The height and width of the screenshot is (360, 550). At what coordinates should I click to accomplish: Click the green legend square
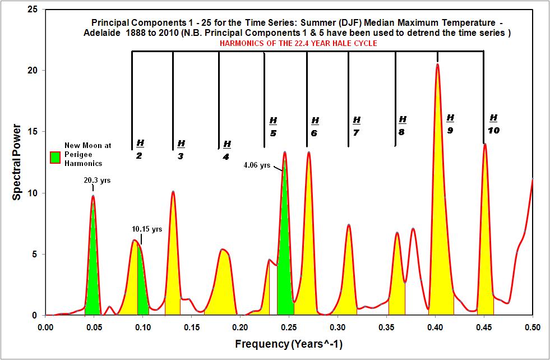point(56,158)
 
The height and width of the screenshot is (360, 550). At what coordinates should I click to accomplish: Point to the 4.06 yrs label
point(257,165)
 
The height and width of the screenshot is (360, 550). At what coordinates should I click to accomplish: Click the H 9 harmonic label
point(450,124)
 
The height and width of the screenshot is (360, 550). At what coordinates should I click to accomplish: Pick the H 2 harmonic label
point(140,149)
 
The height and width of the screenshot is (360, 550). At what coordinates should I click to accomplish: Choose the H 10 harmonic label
point(493,124)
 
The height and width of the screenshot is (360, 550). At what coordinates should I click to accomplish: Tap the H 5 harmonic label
point(273,127)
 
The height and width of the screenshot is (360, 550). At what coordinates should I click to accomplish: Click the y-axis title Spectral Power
point(18,163)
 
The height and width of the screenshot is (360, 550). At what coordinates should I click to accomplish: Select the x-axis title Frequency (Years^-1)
point(288,343)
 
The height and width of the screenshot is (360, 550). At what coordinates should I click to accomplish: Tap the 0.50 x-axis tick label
point(532,326)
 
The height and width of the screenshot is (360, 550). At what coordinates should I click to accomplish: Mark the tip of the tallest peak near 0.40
point(437,64)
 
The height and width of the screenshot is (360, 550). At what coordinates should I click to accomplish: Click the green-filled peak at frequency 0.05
point(93,269)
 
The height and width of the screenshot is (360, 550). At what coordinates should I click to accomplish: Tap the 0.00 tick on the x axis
point(45,326)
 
